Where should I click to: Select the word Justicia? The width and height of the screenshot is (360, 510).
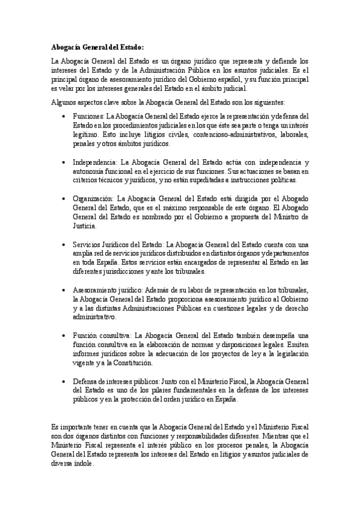tap(85, 227)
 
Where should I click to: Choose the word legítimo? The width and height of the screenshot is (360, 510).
tap(85, 135)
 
